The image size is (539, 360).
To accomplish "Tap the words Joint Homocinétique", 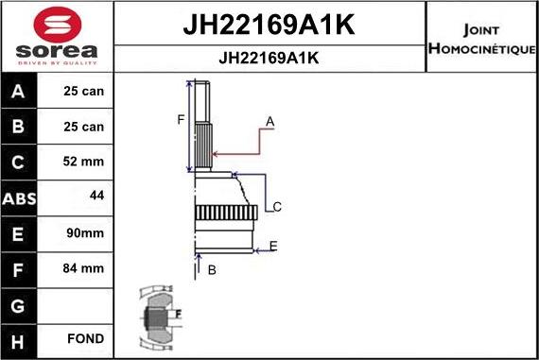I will pyautogui.click(x=482, y=38).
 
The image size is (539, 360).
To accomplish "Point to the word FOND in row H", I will pyautogui.click(x=85, y=338).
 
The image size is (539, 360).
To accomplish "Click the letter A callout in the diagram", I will pyautogui.click(x=269, y=121).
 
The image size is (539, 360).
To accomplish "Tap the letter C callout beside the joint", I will pyautogui.click(x=277, y=207).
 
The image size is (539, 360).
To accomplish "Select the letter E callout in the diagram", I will pyautogui.click(x=272, y=247).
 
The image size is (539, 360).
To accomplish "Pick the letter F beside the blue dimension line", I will pyautogui.click(x=180, y=119).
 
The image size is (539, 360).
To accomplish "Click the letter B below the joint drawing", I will pyautogui.click(x=212, y=270).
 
